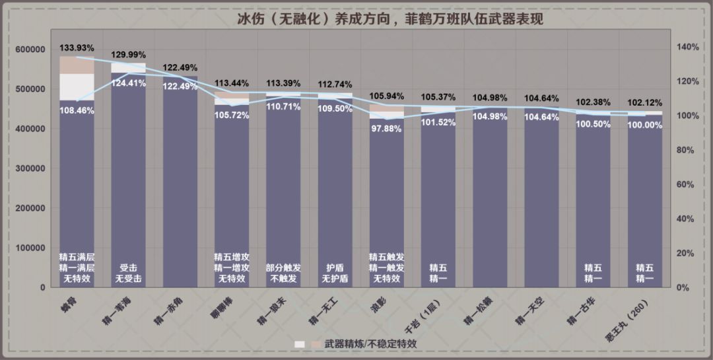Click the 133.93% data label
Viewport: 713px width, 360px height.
click(x=77, y=48)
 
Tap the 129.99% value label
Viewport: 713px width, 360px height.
click(x=129, y=55)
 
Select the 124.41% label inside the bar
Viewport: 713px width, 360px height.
click(x=129, y=83)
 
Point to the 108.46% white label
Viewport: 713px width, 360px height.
click(x=77, y=110)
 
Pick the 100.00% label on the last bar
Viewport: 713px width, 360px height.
click(x=644, y=125)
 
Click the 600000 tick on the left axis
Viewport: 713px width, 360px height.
click(x=29, y=50)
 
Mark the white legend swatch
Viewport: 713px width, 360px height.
click(x=300, y=344)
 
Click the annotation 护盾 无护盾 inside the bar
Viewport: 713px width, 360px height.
click(x=335, y=273)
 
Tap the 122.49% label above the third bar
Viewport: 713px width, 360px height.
click(x=180, y=68)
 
